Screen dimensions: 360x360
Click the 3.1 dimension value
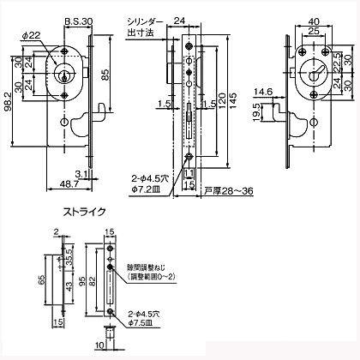(x=80, y=172)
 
